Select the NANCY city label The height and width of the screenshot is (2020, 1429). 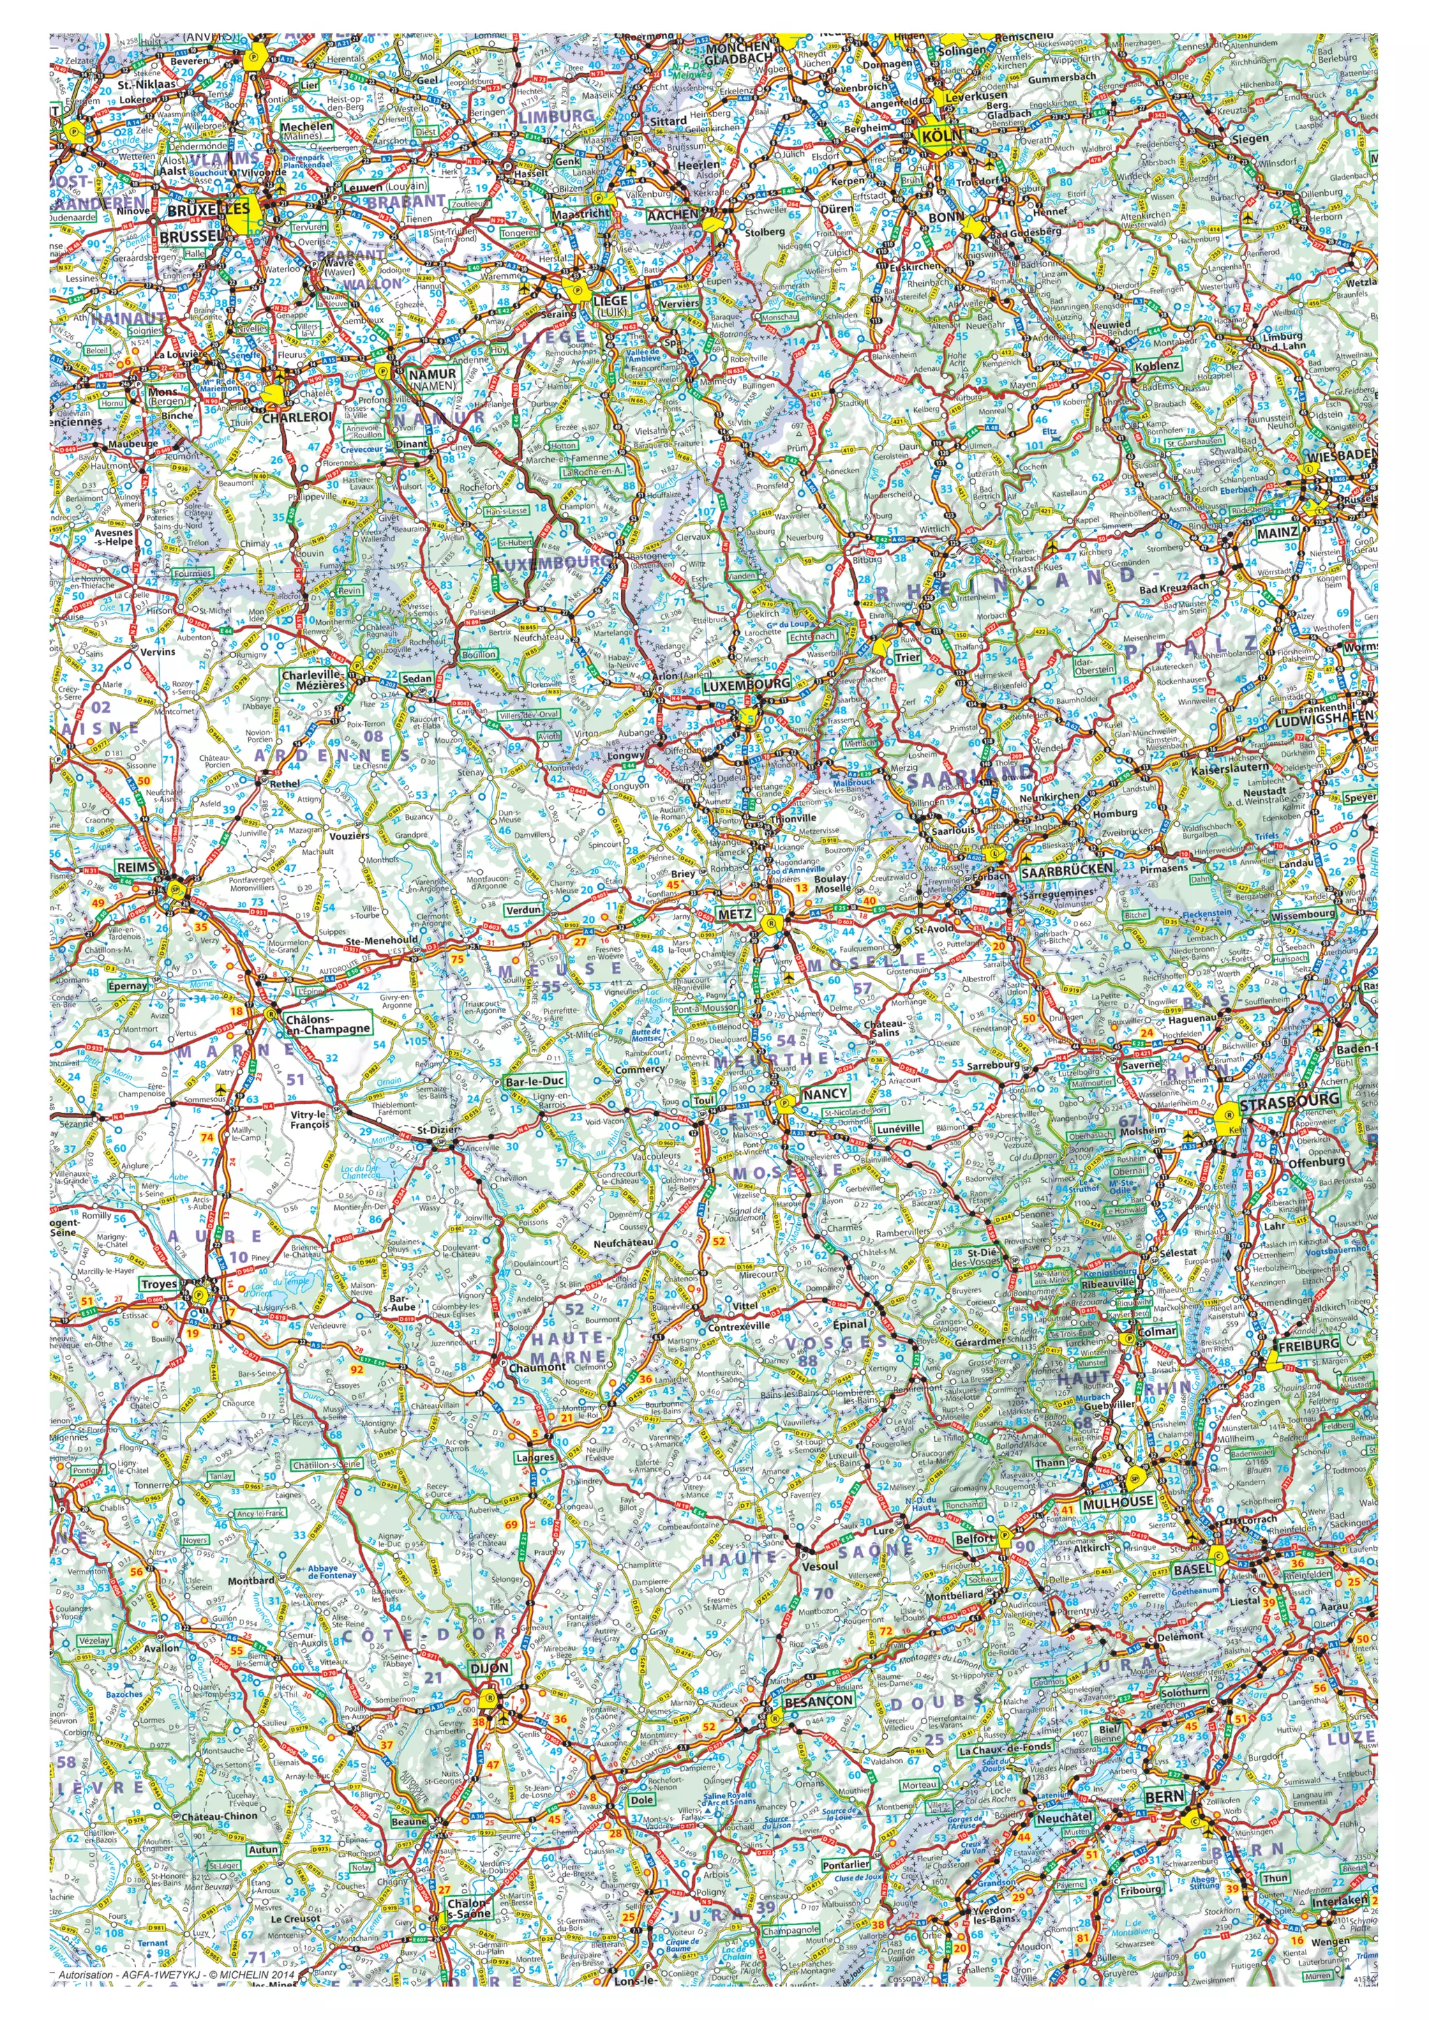click(825, 1093)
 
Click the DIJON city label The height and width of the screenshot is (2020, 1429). click(489, 1668)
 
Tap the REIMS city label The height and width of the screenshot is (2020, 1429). click(136, 868)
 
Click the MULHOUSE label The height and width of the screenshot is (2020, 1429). click(1118, 1502)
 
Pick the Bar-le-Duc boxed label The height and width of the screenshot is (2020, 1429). click(534, 1080)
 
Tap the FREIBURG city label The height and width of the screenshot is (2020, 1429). click(1308, 1346)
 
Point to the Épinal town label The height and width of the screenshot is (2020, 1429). click(849, 1324)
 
